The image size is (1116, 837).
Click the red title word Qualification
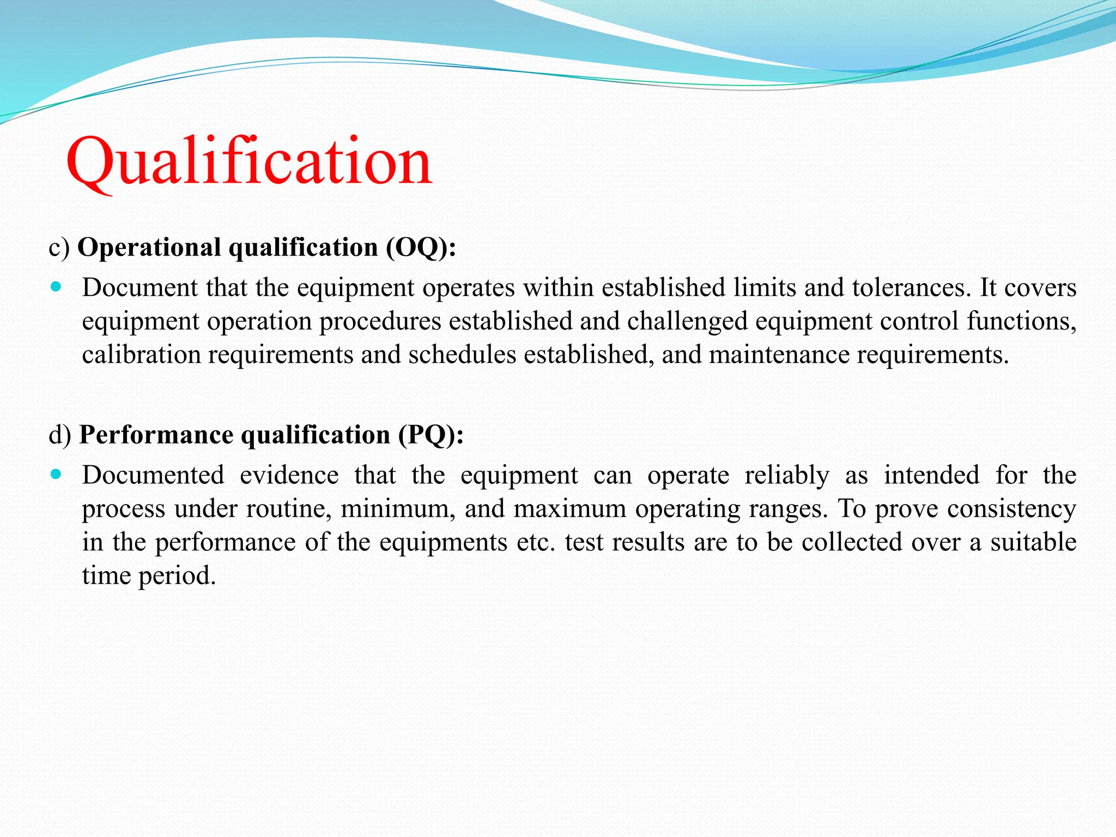[x=249, y=162]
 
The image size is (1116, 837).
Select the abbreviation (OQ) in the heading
[x=420, y=247]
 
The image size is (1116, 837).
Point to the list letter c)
[x=59, y=247]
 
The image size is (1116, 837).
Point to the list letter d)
[x=59, y=435]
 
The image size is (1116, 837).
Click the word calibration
[x=141, y=355]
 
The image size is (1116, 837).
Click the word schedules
[x=462, y=355]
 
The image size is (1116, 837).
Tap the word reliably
[x=787, y=475]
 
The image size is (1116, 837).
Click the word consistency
[x=1011, y=509]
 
